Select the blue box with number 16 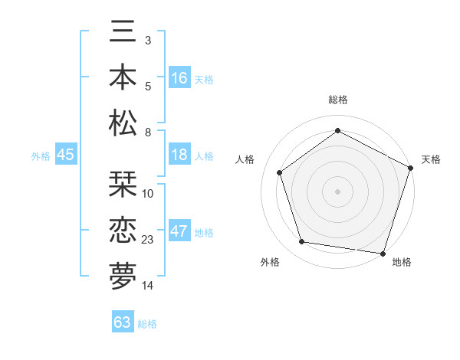pyautogui.click(x=179, y=78)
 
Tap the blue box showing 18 pyautogui.click(x=179, y=155)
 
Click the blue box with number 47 pyautogui.click(x=179, y=231)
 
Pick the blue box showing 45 pyautogui.click(x=65, y=155)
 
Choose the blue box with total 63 pyautogui.click(x=123, y=322)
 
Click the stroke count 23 pyautogui.click(x=149, y=240)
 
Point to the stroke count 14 pyautogui.click(x=149, y=286)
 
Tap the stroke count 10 pyautogui.click(x=149, y=194)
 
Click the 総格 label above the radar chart pyautogui.click(x=338, y=100)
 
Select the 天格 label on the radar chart pyautogui.click(x=431, y=159)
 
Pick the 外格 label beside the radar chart pyautogui.click(x=269, y=262)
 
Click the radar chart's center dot pyautogui.click(x=338, y=191)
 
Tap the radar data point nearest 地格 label pyautogui.click(x=383, y=253)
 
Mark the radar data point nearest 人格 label pyautogui.click(x=280, y=172)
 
